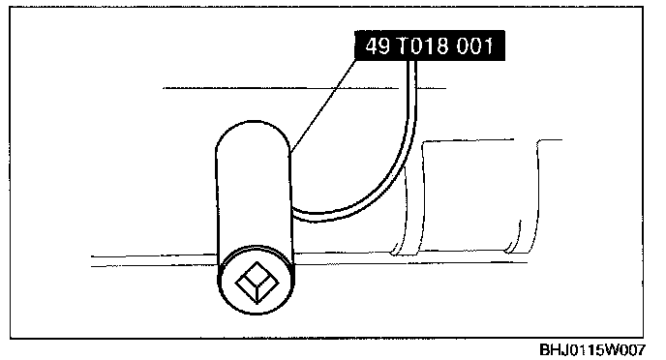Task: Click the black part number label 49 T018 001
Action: pyautogui.click(x=430, y=45)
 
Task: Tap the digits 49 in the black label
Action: pyautogui.click(x=378, y=45)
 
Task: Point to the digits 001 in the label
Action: pyautogui.click(x=475, y=45)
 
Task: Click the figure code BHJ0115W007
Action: pyautogui.click(x=592, y=349)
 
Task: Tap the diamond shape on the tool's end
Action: pyautogui.click(x=257, y=282)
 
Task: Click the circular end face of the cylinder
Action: pyautogui.click(x=257, y=281)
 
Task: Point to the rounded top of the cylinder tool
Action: pyautogui.click(x=254, y=132)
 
